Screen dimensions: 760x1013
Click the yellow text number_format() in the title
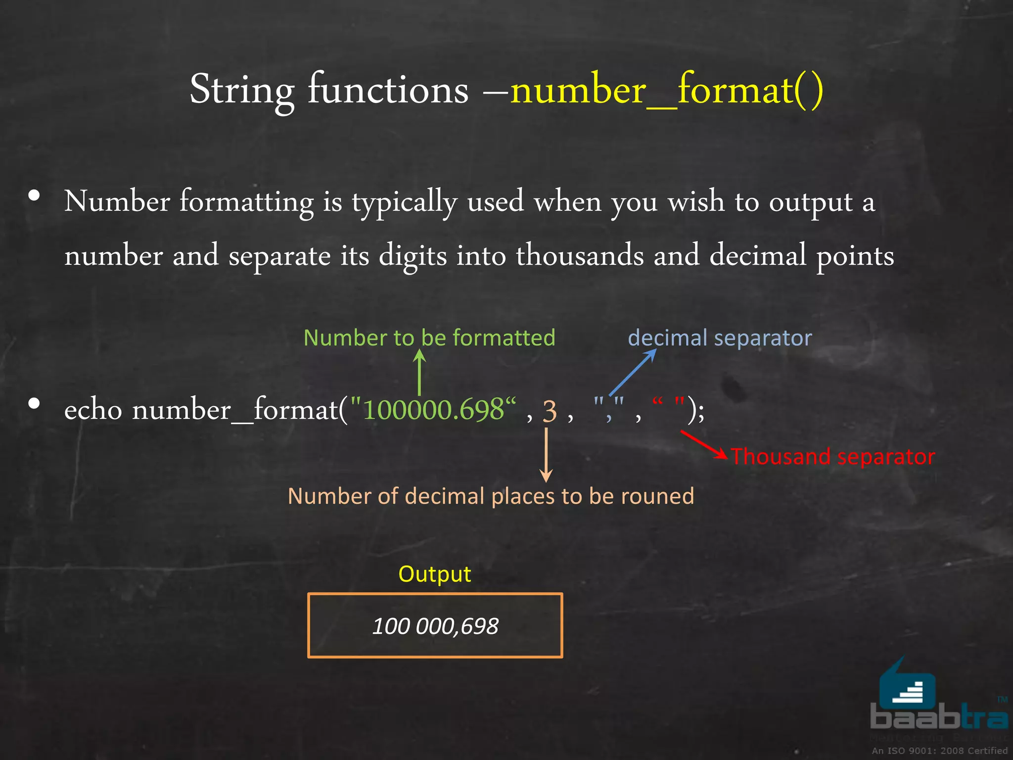(666, 90)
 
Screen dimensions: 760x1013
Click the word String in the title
(242, 90)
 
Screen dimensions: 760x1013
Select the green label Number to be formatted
(429, 338)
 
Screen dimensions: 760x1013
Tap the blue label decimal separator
(720, 338)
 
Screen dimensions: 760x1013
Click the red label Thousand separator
(833, 456)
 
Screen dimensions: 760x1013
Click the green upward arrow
(419, 372)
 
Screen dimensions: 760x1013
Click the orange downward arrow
(546, 454)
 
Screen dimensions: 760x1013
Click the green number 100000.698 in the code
(433, 410)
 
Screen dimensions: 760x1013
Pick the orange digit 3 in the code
(550, 411)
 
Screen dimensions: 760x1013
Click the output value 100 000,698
(435, 626)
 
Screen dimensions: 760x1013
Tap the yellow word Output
(435, 574)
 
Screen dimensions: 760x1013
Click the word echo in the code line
(93, 410)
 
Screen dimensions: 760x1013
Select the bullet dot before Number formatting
(34, 196)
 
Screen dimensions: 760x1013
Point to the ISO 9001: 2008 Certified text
(939, 751)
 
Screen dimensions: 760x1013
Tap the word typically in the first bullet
(404, 202)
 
